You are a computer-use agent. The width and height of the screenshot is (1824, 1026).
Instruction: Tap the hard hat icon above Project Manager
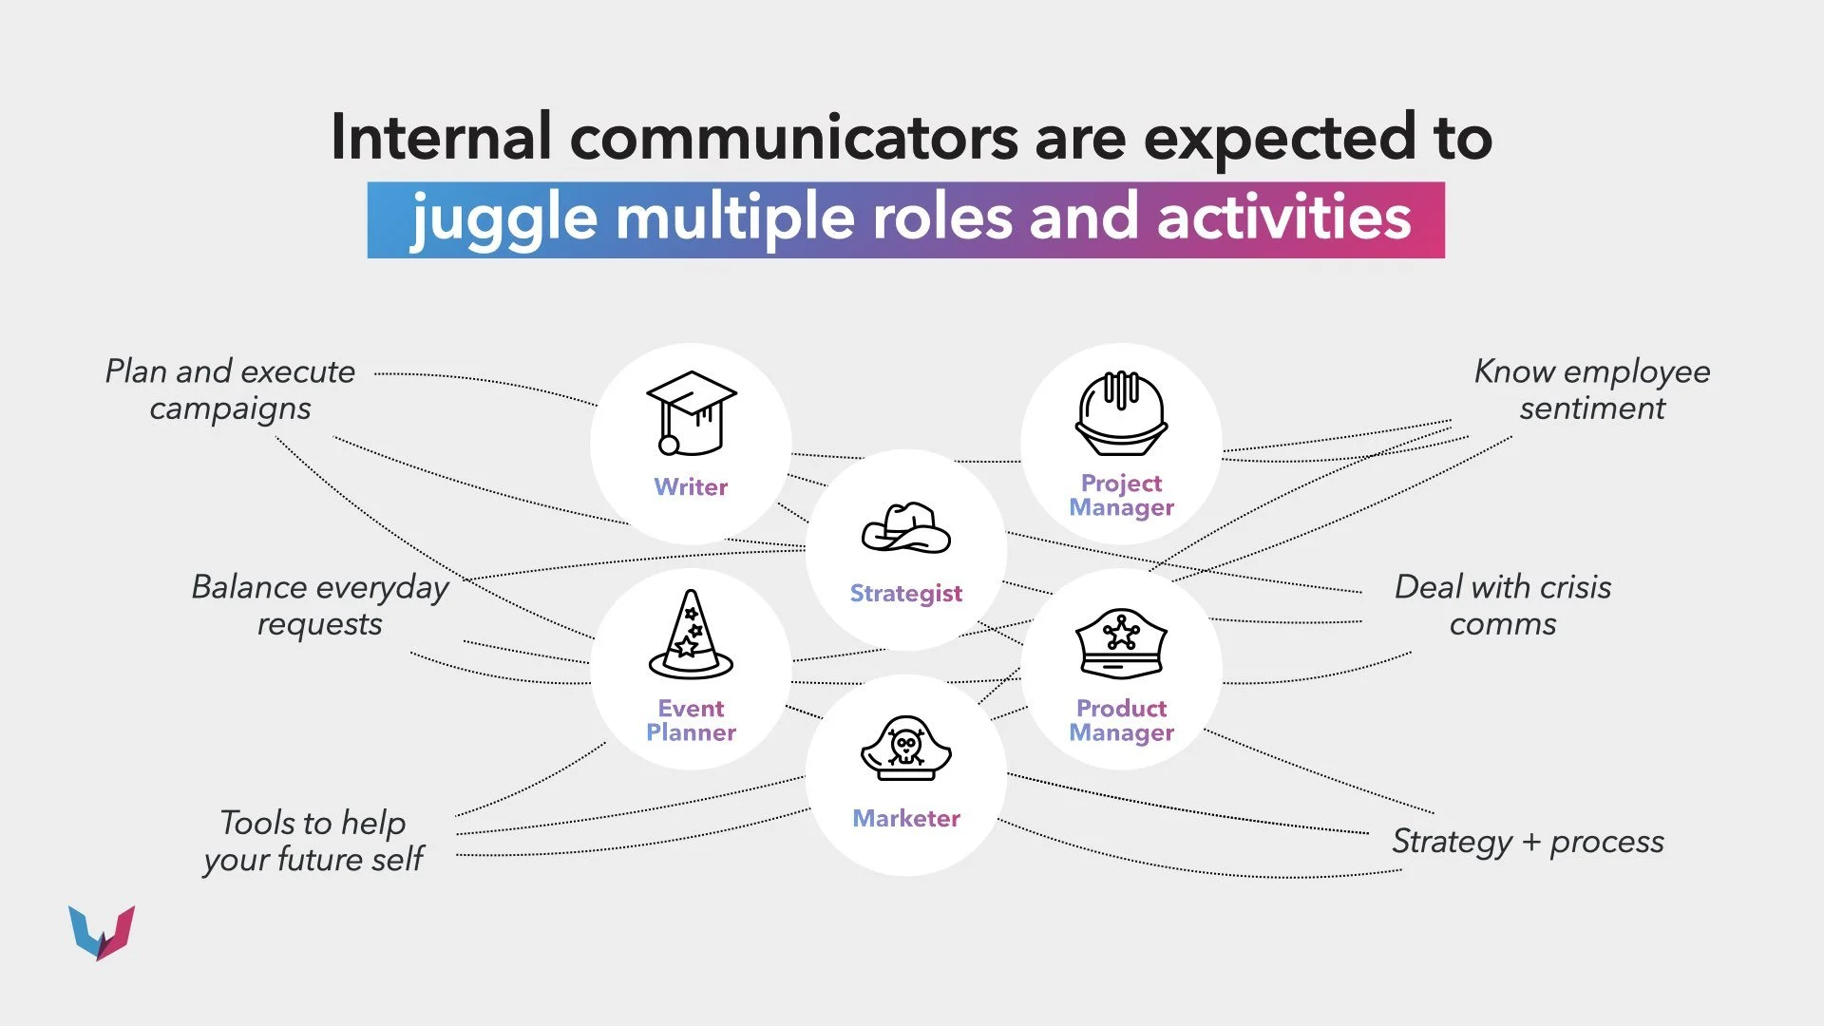1121,414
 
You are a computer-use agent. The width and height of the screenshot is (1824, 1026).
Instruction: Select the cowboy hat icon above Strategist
905,528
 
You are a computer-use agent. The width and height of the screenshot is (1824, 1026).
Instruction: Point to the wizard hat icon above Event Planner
691,634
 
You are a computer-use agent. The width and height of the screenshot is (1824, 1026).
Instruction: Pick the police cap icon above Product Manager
1121,643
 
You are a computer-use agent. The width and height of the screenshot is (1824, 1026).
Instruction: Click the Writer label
691,486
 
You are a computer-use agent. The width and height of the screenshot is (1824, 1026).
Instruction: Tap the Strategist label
905,594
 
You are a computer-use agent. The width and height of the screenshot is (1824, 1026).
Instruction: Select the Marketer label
906,818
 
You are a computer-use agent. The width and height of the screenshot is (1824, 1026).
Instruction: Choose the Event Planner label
691,720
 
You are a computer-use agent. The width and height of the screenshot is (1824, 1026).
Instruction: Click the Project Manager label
1121,495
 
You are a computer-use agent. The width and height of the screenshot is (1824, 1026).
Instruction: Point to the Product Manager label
1121,720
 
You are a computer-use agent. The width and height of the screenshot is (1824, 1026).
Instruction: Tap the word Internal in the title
440,137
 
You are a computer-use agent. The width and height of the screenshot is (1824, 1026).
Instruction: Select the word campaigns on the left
230,408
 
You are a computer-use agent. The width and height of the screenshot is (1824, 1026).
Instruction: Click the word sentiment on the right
1591,408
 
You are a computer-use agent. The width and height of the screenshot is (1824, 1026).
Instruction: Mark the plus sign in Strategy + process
1530,842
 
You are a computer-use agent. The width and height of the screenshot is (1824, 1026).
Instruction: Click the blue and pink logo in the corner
102,932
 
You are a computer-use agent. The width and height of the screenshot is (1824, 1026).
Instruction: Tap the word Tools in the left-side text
256,823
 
